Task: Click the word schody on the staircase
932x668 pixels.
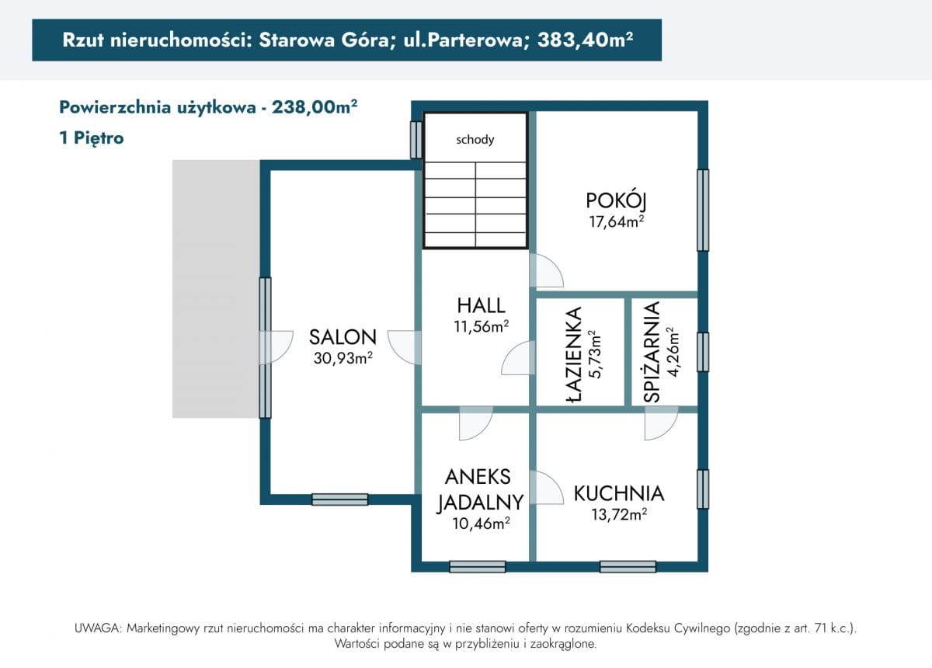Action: click(475, 140)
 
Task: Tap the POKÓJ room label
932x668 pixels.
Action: click(617, 200)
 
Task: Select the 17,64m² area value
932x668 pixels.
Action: click(617, 222)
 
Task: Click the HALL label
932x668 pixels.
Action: click(481, 305)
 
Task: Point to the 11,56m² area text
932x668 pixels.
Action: click(481, 327)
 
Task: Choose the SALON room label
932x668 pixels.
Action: click(343, 337)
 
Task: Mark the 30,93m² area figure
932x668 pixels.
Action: click(343, 358)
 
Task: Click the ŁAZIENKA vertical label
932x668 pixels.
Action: click(575, 354)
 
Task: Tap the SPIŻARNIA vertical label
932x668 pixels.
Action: click(652, 352)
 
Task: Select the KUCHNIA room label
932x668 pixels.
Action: click(619, 493)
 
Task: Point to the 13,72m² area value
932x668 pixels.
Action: click(619, 514)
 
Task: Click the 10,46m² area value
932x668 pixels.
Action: click(481, 524)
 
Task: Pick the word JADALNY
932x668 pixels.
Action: click(480, 503)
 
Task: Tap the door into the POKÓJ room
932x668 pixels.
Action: click(545, 270)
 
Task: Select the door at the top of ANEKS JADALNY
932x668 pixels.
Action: click(475, 423)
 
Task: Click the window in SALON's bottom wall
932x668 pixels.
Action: click(339, 499)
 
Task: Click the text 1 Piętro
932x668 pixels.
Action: click(92, 138)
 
